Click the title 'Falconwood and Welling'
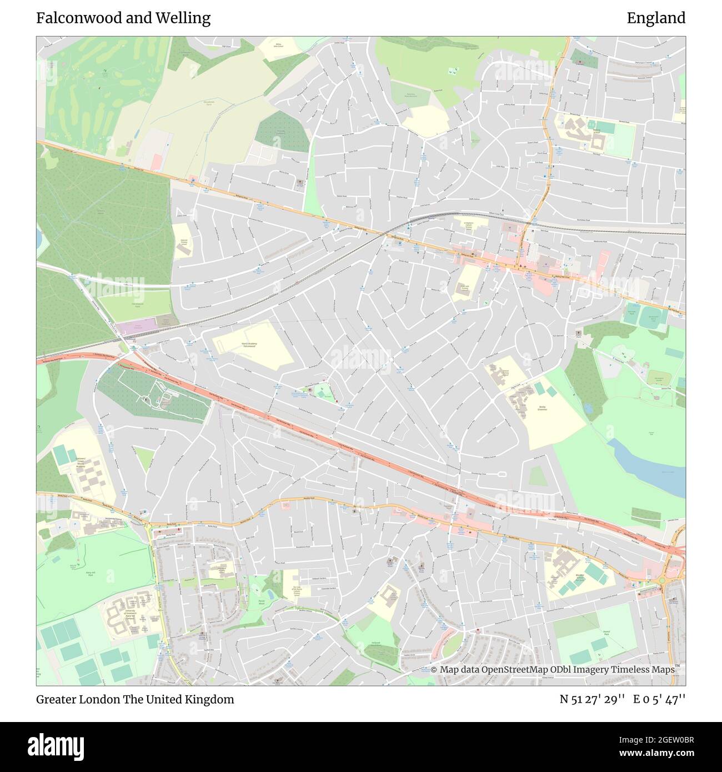123,18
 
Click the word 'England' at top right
656,18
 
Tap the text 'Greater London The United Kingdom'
135,699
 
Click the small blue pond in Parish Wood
256,586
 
